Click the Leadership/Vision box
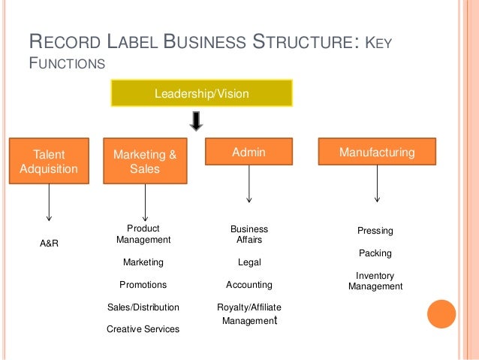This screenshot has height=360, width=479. click(x=201, y=94)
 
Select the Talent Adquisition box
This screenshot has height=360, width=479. click(x=49, y=162)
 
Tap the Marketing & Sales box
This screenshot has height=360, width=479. click(x=144, y=162)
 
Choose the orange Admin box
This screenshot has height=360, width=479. click(x=249, y=153)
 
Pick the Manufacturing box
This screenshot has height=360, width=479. click(x=377, y=153)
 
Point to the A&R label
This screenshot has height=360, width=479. click(x=49, y=244)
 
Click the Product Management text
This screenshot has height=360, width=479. click(x=143, y=234)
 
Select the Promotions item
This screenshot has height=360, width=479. click(x=143, y=285)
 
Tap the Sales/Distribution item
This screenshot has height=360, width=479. click(x=143, y=307)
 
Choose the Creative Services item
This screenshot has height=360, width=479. click(x=143, y=329)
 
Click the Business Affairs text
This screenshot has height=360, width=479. click(x=249, y=234)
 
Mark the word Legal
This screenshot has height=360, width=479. click(x=249, y=262)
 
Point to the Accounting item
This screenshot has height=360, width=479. click(x=249, y=285)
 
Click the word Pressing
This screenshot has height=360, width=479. click(x=375, y=231)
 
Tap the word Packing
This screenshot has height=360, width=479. click(x=375, y=253)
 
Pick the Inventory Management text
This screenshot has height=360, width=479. click(x=375, y=281)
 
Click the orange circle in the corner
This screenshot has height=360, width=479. click(x=441, y=314)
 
